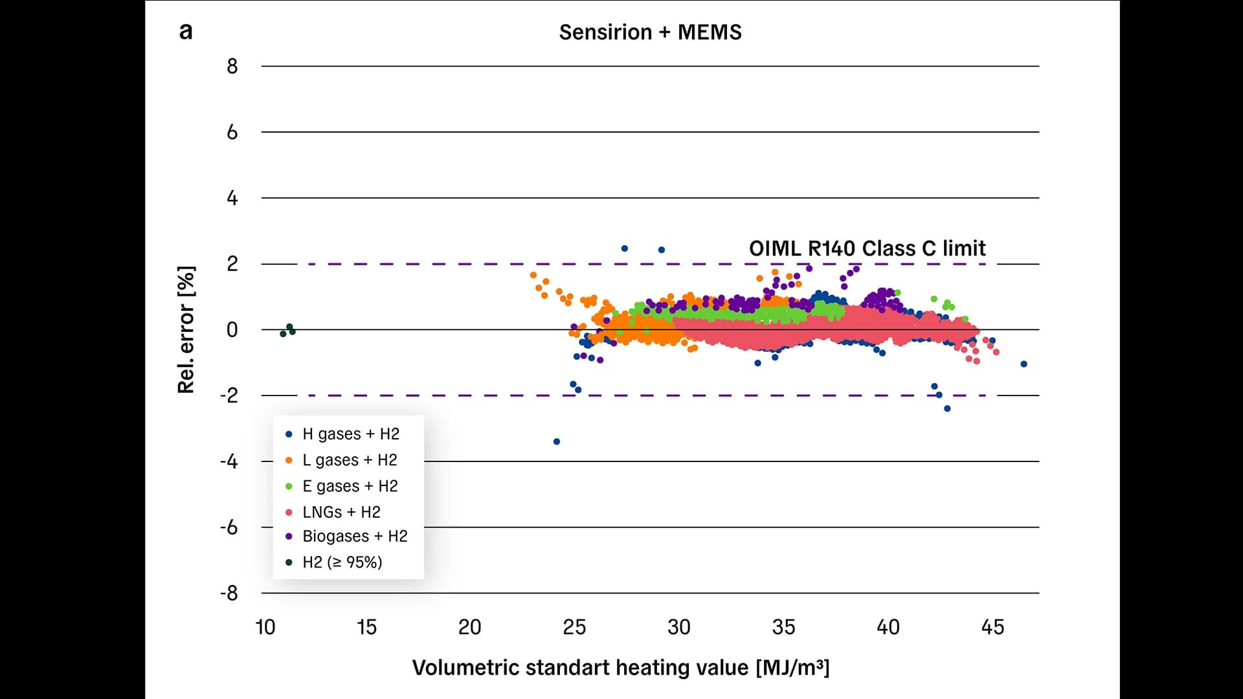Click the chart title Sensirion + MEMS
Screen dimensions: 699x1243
pyautogui.click(x=650, y=32)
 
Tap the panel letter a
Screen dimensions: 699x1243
pyautogui.click(x=186, y=31)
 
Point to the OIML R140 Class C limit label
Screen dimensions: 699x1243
pyautogui.click(x=867, y=249)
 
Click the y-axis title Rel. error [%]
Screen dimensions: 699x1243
pyautogui.click(x=186, y=329)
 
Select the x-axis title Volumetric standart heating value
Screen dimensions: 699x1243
pyautogui.click(x=620, y=667)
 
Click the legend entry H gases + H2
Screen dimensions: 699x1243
pyautogui.click(x=350, y=434)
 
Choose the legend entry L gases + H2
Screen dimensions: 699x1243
pyautogui.click(x=349, y=460)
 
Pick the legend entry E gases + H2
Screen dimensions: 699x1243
pyautogui.click(x=350, y=486)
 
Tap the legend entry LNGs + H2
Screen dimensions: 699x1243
pyautogui.click(x=341, y=512)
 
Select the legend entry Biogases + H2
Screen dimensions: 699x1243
pyautogui.click(x=355, y=536)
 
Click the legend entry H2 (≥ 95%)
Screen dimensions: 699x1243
pyautogui.click(x=342, y=562)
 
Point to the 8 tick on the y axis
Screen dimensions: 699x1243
pyautogui.click(x=232, y=66)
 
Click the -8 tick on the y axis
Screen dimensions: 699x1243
pyautogui.click(x=229, y=593)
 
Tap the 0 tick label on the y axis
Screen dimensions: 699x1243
pyautogui.click(x=232, y=329)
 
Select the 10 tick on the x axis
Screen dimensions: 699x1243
pyautogui.click(x=265, y=627)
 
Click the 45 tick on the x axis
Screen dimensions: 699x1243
pyautogui.click(x=992, y=627)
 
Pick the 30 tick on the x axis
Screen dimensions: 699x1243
pyautogui.click(x=678, y=627)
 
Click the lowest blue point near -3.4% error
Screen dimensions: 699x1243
pyautogui.click(x=557, y=441)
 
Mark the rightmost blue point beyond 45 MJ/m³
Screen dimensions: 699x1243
pyautogui.click(x=1024, y=364)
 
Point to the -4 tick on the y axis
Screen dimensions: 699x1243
pyautogui.click(x=229, y=461)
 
